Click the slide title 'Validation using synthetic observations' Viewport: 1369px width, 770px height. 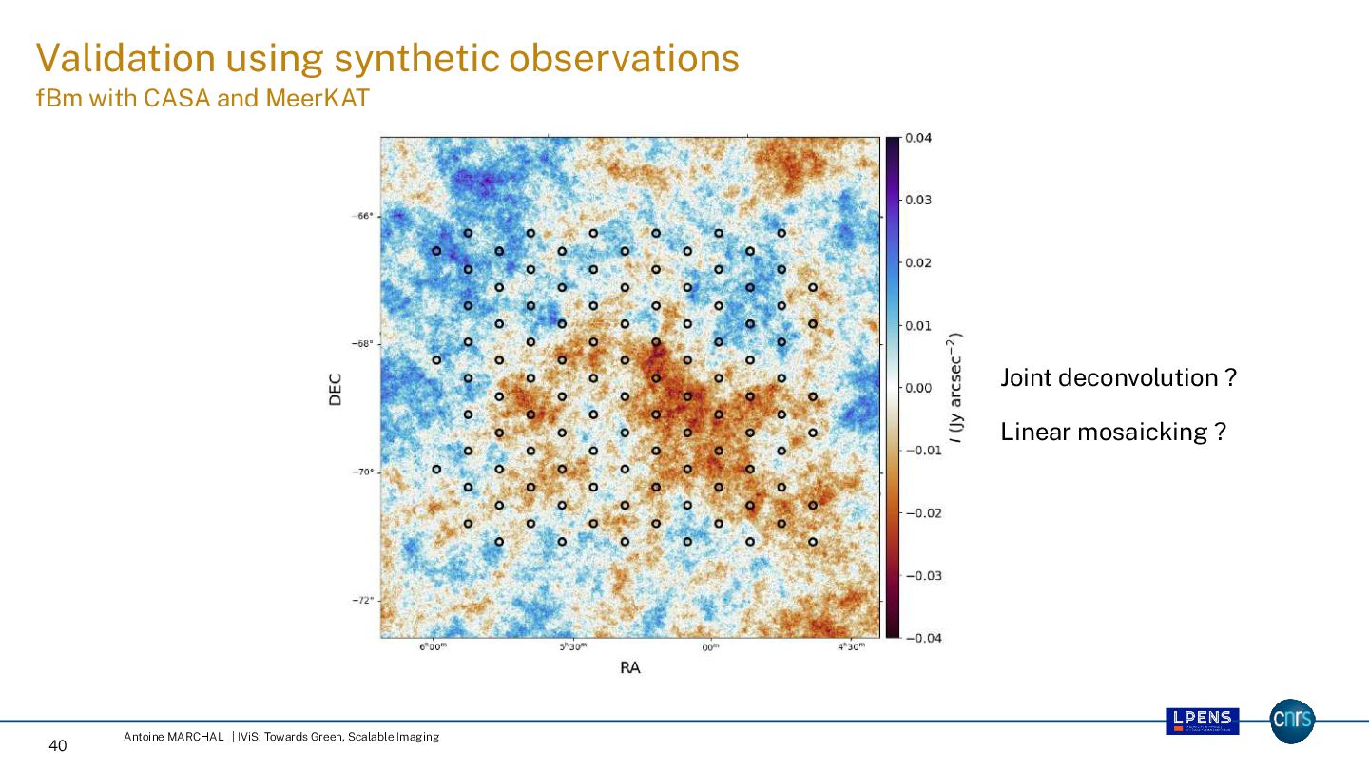click(387, 59)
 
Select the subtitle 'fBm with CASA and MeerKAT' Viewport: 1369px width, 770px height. click(202, 99)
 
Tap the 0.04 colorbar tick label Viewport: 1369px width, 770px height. click(917, 138)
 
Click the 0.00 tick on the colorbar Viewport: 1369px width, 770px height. click(917, 388)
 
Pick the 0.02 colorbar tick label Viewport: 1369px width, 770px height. click(917, 263)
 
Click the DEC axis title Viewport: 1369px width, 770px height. click(335, 388)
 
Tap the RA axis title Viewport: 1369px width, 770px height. click(629, 668)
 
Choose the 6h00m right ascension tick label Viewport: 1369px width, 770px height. click(433, 647)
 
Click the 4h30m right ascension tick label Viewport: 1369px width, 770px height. click(851, 647)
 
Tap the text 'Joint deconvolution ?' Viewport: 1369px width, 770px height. click(1118, 378)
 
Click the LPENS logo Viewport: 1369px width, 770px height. click(1203, 722)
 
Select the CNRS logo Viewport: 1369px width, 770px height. click(1292, 722)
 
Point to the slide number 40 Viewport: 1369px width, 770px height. click(57, 746)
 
